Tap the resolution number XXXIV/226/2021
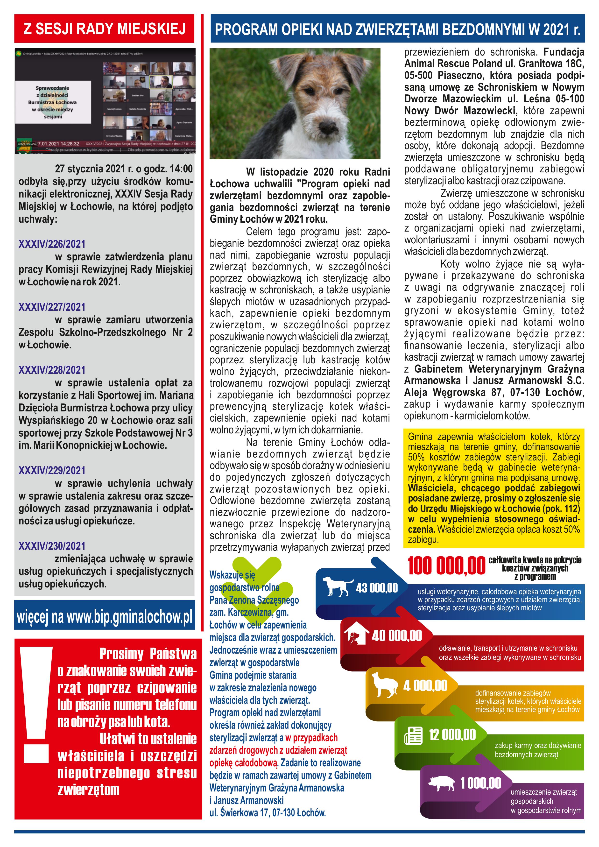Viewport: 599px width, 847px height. coord(52,244)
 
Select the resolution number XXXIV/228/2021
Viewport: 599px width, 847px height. coord(52,370)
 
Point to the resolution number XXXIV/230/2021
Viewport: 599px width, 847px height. coord(52,546)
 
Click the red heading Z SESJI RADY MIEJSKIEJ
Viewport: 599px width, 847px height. coord(104,29)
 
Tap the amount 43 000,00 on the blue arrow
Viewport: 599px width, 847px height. coord(377,588)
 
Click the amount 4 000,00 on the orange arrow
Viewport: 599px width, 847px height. coord(425,686)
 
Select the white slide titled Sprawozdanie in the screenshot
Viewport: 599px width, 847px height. coord(53,102)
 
